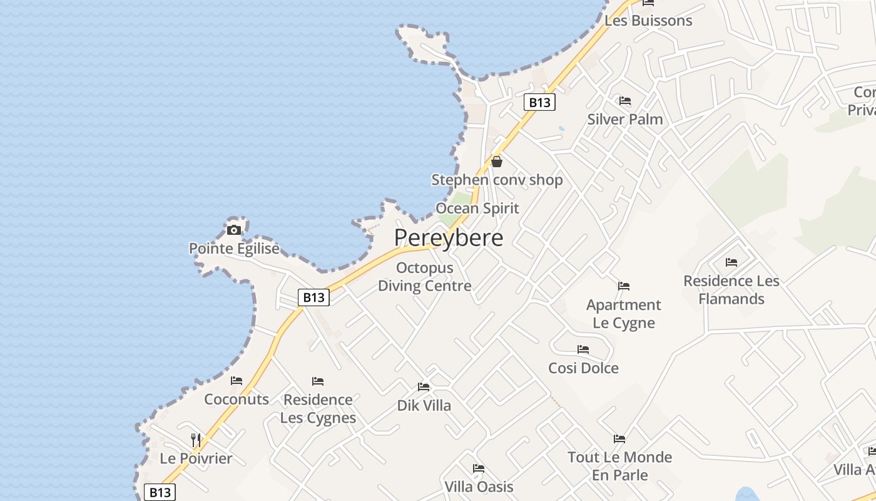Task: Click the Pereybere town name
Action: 449,238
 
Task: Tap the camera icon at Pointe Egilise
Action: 234,230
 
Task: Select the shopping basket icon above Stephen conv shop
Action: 497,162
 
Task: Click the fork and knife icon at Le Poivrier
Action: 196,440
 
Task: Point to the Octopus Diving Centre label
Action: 425,277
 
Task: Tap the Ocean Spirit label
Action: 477,209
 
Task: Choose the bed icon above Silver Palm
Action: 624,101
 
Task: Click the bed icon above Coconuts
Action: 237,381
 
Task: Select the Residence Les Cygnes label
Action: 318,408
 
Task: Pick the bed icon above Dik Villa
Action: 424,387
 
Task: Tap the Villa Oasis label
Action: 479,487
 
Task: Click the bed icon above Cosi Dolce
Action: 583,349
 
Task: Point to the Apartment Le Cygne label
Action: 624,314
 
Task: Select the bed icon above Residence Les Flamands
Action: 731,262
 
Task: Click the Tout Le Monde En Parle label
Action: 619,466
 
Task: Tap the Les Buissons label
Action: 648,21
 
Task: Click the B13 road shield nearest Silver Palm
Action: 539,102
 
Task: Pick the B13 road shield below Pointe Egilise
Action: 313,297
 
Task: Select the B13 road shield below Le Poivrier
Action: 160,492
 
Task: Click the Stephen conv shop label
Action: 497,180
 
